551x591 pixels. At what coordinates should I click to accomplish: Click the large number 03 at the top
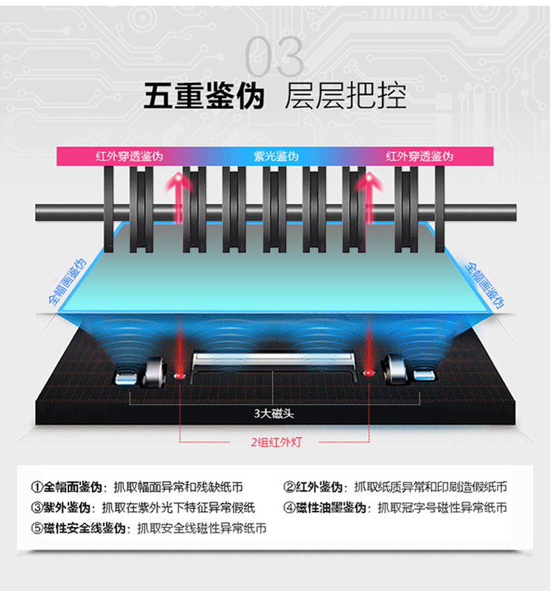point(275,57)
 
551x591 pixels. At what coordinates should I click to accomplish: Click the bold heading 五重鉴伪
point(204,97)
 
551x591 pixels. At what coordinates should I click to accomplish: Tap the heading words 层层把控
point(345,97)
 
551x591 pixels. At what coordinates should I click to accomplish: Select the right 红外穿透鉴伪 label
point(419,156)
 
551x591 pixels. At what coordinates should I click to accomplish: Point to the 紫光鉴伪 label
point(275,156)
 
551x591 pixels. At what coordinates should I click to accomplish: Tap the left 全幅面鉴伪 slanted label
point(67,283)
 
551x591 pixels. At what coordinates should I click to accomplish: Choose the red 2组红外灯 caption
point(276,442)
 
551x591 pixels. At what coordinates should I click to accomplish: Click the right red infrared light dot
point(369,376)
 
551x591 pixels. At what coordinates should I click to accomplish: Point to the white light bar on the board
point(275,360)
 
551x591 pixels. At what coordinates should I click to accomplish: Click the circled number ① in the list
point(37,487)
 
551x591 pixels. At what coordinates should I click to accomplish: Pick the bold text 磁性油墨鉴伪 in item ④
point(333,507)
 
